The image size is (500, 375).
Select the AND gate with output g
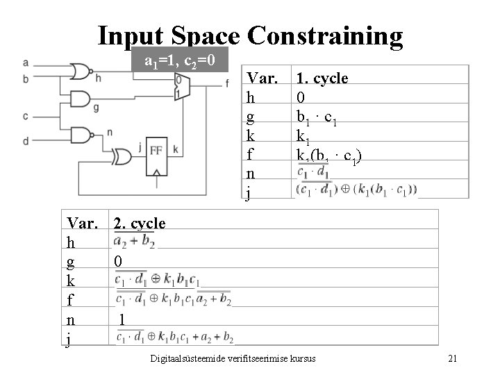click(81, 99)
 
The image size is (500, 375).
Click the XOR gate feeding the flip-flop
click(124, 156)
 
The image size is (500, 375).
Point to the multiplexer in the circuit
click(182, 86)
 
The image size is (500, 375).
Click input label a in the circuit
click(26, 63)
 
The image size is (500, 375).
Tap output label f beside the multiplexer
click(227, 84)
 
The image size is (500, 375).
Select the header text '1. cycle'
click(322, 78)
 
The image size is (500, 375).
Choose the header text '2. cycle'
click(140, 223)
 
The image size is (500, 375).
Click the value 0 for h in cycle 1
click(301, 97)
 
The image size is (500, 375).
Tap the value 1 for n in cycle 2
click(122, 319)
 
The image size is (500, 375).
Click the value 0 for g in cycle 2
click(118, 261)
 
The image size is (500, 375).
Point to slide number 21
click(452, 358)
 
